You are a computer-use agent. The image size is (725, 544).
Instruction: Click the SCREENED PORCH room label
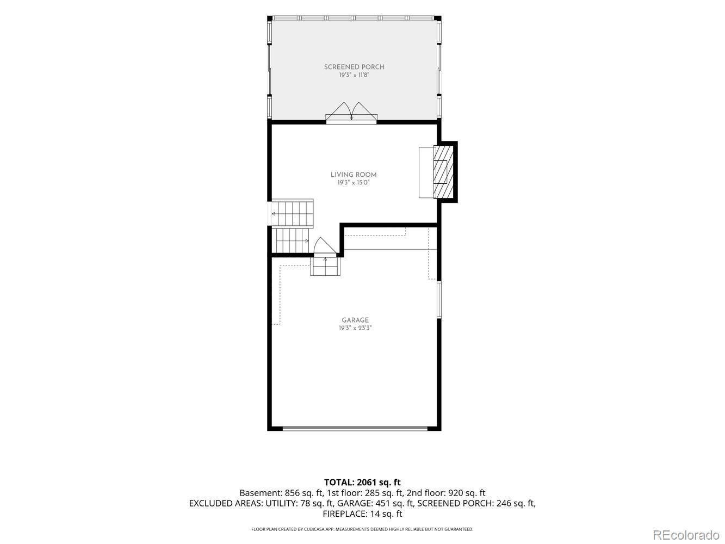[x=354, y=67]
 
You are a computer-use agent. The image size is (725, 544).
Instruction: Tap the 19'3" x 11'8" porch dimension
[x=354, y=75]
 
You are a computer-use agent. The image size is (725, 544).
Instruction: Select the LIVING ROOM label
[x=354, y=175]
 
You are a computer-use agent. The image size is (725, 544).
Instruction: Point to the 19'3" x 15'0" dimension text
[x=354, y=183]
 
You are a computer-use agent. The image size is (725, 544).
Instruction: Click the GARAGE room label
[x=355, y=320]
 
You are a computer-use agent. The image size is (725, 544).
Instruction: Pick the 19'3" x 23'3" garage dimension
[x=355, y=328]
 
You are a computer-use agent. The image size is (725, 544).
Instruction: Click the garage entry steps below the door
[x=325, y=266]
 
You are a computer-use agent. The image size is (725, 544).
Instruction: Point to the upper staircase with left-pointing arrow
[x=292, y=213]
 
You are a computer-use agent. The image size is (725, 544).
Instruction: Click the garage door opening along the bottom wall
[x=355, y=429]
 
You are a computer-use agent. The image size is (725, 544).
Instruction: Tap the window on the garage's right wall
[x=439, y=300]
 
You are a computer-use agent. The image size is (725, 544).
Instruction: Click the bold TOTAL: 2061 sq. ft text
[x=362, y=483]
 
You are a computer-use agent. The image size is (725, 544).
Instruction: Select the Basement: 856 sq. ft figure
[x=281, y=493]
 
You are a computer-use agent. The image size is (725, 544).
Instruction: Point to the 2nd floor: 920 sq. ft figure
[x=446, y=493]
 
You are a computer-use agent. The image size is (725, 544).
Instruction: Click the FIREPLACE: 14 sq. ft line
[x=362, y=514]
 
